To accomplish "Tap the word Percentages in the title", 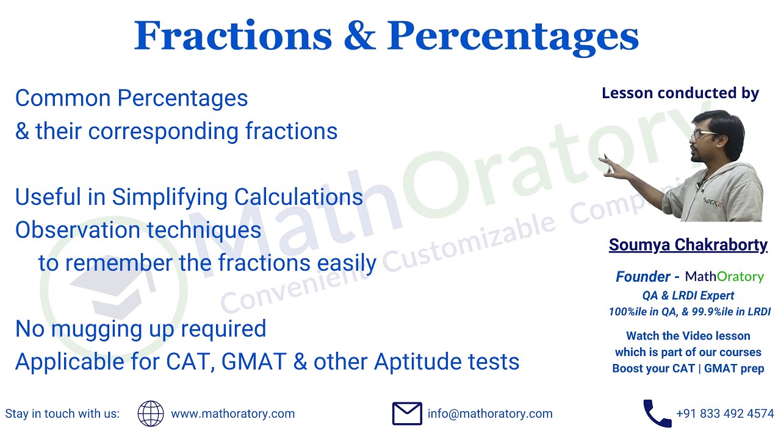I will point(513,37).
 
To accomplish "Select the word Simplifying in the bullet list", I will point(170,197).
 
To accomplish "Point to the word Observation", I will point(73,230).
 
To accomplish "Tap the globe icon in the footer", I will point(151,413).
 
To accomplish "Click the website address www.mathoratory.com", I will point(232,413).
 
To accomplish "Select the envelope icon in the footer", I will point(407,413).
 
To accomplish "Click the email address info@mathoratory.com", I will point(490,413).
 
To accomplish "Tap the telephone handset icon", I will point(657,413).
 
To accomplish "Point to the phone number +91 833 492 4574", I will point(725,413).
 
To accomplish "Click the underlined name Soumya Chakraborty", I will point(688,245).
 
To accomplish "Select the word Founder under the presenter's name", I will point(642,277).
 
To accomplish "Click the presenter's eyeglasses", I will point(705,133).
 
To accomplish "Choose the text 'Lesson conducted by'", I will point(680,93).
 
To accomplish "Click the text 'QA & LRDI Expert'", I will point(688,296).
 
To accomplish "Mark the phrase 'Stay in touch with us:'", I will point(62,413).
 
